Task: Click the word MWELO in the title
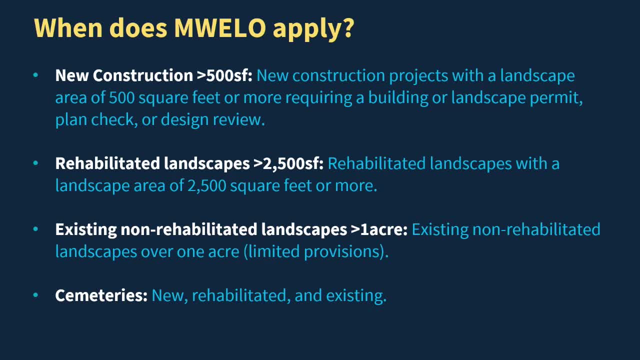pos(220,28)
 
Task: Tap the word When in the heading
pos(68,28)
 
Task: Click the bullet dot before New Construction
pos(35,75)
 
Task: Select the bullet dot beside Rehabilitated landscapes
pos(35,163)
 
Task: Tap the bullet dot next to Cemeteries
pos(35,295)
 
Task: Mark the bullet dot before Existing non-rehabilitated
pos(35,229)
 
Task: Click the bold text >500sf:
pos(224,75)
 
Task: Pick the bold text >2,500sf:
pos(288,163)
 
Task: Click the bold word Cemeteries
pos(101,295)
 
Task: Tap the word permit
pos(556,98)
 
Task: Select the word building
pos(398,98)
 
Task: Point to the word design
pos(184,119)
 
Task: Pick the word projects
pos(418,76)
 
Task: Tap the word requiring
pos(319,98)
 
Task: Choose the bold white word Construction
pos(143,75)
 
